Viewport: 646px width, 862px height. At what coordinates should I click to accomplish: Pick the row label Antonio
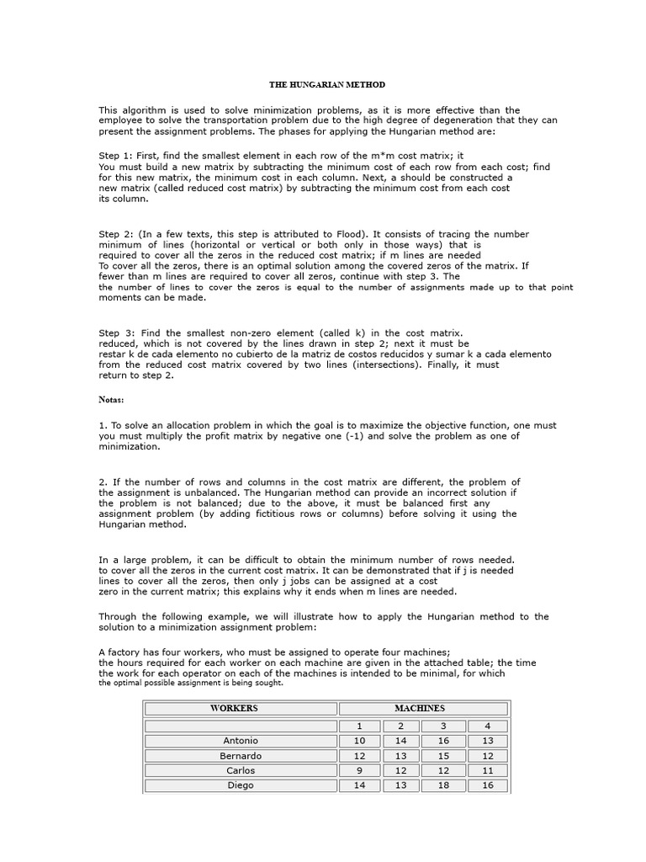pos(241,741)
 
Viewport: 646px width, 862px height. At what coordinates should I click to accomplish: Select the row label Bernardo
pos(241,756)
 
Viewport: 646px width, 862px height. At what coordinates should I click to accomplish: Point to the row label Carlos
pos(241,770)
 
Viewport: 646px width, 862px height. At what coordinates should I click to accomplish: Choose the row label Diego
pos(241,785)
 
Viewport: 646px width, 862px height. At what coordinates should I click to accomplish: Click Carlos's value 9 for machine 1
pos(360,770)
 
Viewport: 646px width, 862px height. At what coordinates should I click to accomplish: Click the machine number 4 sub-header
pos(488,726)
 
